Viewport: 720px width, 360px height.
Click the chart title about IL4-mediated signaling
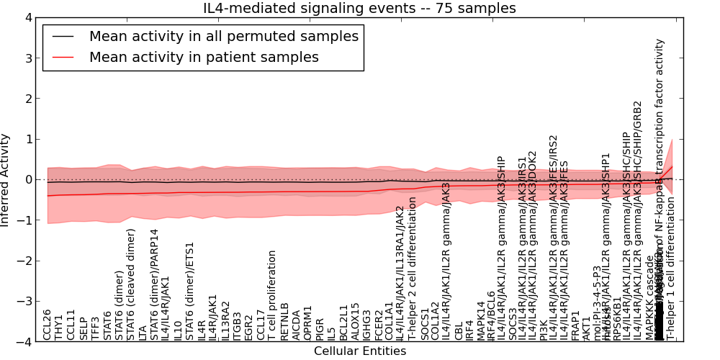[360, 9]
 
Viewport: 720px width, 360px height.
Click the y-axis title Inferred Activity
[6, 180]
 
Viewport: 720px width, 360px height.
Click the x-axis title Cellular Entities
[360, 351]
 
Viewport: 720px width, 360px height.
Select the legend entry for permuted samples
[223, 36]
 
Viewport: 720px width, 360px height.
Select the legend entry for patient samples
[204, 57]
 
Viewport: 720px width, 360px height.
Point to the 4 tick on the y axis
[28, 18]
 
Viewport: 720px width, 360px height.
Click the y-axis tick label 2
[28, 99]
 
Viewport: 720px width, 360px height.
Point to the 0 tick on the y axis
[28, 180]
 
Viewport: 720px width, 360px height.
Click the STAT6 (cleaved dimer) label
[132, 284]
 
